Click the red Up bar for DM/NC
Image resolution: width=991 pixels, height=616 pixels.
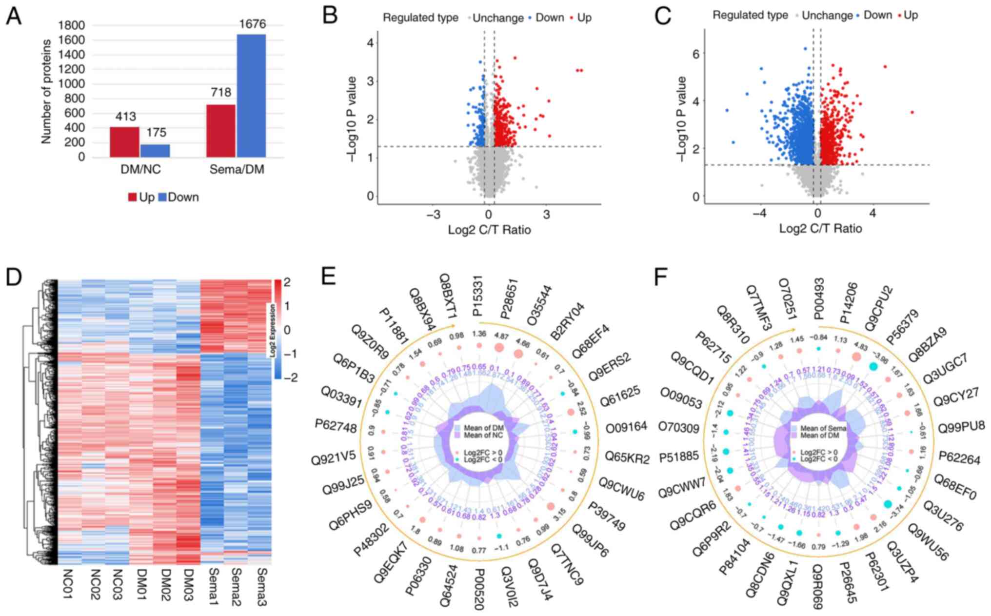pyautogui.click(x=124, y=142)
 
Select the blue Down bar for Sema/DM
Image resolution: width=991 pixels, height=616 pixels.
pyautogui.click(x=251, y=96)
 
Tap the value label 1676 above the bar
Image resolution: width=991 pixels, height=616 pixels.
pyautogui.click(x=252, y=23)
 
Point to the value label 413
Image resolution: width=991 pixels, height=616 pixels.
pyautogui.click(x=125, y=117)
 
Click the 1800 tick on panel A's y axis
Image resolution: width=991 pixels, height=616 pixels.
pyautogui.click(x=71, y=25)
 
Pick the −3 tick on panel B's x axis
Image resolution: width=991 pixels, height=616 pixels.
pyautogui.click(x=433, y=215)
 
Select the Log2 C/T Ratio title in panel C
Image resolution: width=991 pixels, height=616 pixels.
pyautogui.click(x=820, y=228)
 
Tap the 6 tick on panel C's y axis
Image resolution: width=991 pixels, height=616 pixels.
pyautogui.click(x=696, y=54)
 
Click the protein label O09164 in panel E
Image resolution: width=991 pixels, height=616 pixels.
pyautogui.click(x=626, y=427)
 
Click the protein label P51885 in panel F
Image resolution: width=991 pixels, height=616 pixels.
pyautogui.click(x=679, y=457)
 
